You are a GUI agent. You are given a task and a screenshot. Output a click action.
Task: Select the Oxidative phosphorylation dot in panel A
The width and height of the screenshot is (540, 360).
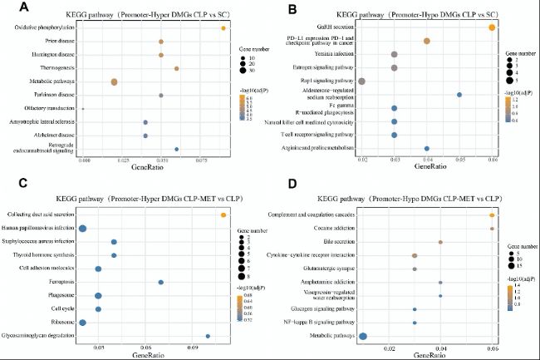tap(223, 28)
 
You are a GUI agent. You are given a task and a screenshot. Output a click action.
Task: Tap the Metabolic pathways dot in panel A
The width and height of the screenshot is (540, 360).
tap(114, 81)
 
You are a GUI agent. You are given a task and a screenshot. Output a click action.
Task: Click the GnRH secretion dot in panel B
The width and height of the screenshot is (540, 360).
tap(492, 28)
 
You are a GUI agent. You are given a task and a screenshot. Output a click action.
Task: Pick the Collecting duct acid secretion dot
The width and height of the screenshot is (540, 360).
tap(223, 215)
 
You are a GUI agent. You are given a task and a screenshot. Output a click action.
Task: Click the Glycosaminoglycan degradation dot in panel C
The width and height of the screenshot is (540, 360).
tap(208, 336)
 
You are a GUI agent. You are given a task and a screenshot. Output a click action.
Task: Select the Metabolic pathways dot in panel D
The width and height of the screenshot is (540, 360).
tap(363, 336)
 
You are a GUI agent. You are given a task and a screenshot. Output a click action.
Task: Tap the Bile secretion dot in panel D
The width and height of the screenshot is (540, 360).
tap(440, 242)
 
